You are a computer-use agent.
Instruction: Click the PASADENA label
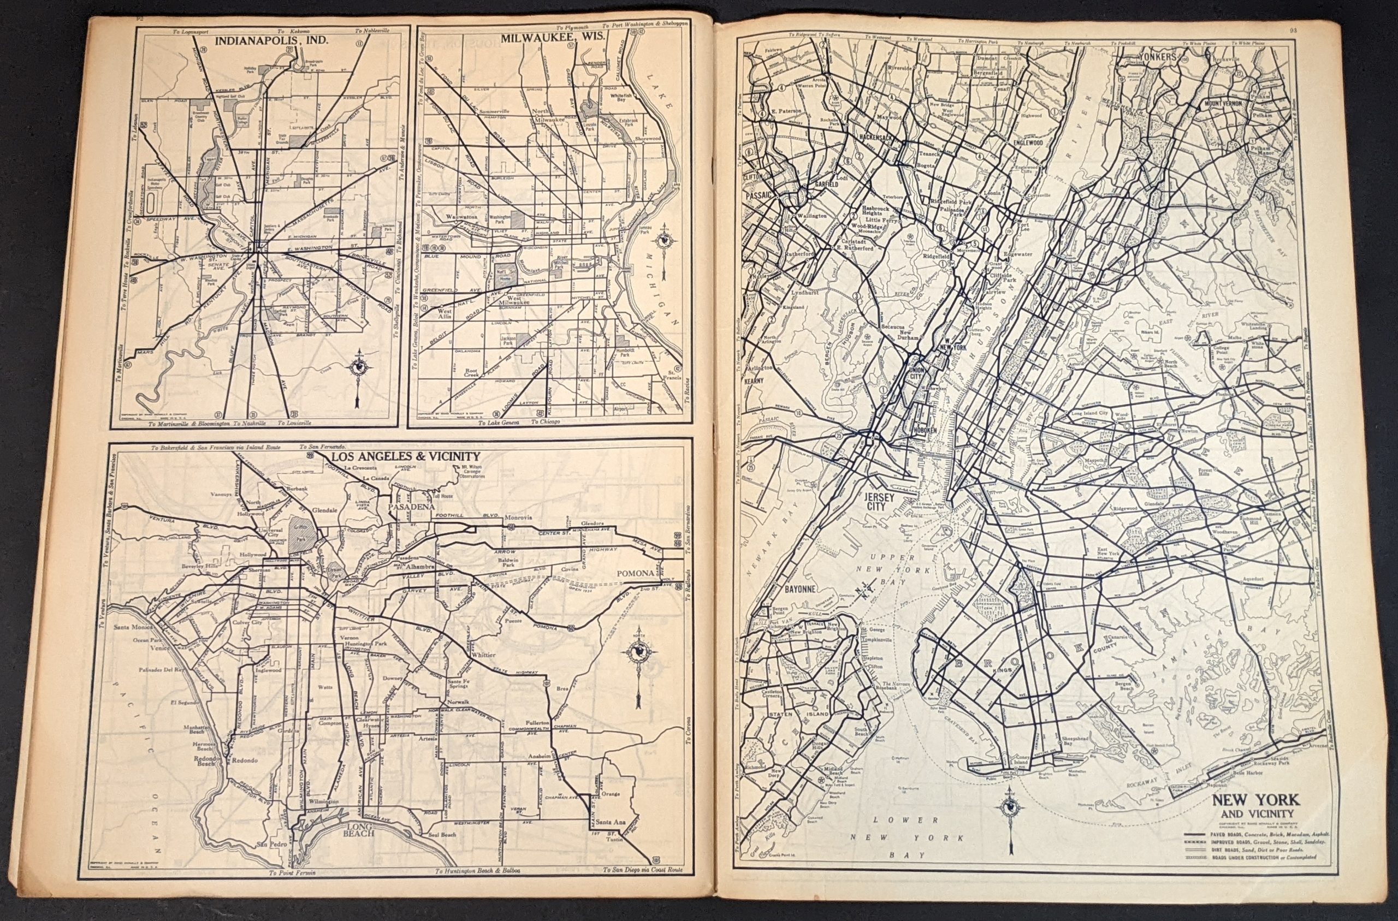pyautogui.click(x=411, y=506)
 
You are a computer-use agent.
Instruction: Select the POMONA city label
pyautogui.click(x=636, y=573)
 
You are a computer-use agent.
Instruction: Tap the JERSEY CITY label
pyautogui.click(x=880, y=502)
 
